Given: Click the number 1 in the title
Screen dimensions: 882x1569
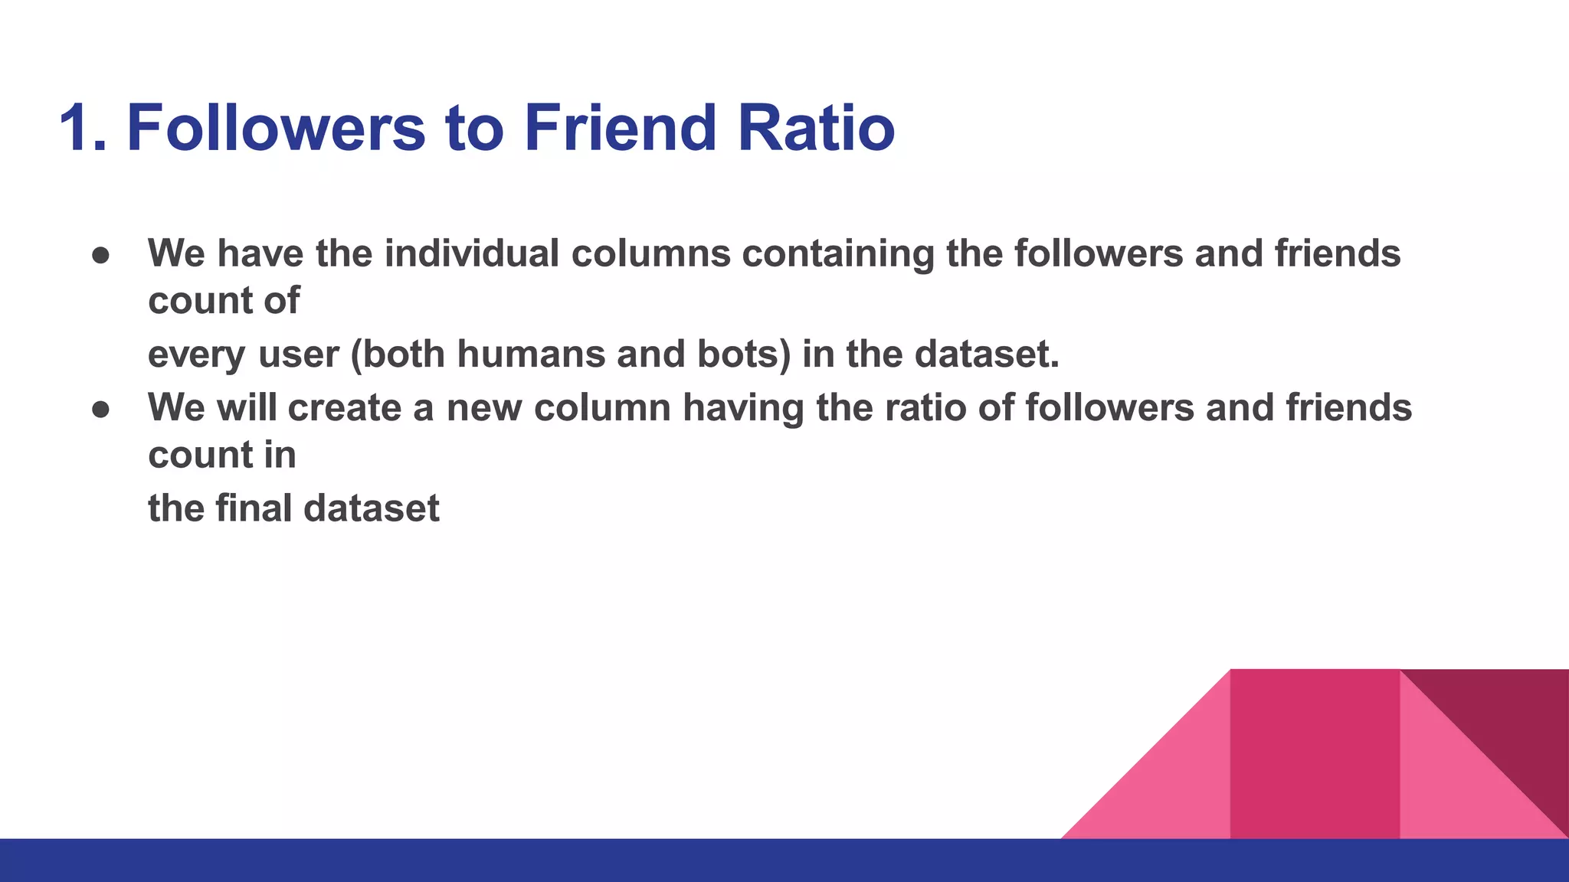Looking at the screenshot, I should (x=77, y=128).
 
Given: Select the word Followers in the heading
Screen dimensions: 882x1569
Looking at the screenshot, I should (x=275, y=128).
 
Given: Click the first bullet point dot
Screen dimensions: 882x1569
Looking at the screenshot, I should (x=101, y=255).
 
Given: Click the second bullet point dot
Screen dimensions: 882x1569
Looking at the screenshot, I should (x=101, y=409).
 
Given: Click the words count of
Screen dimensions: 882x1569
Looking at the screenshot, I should (x=224, y=300).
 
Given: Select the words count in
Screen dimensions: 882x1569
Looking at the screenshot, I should (x=222, y=455).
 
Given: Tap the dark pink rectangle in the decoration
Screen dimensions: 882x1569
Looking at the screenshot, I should (x=1315, y=754).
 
